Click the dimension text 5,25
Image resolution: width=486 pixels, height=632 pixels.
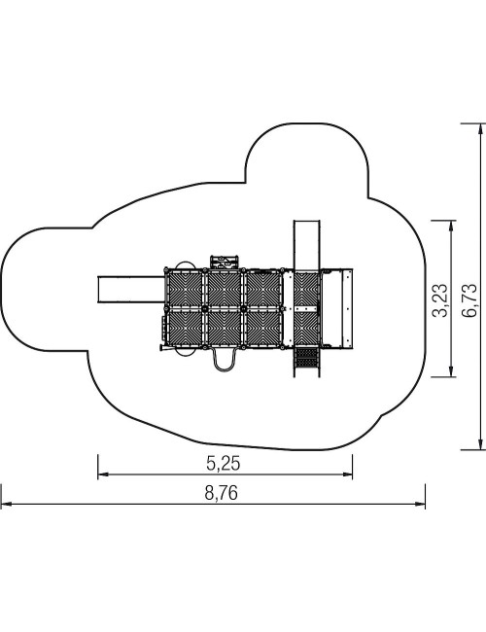click(223, 464)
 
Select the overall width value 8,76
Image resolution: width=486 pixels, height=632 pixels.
click(222, 493)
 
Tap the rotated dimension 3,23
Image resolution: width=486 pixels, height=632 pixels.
click(439, 300)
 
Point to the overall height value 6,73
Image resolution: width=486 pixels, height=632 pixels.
click(469, 300)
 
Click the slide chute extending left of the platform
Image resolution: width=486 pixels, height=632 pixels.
click(131, 289)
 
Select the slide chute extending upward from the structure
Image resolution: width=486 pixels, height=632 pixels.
click(307, 245)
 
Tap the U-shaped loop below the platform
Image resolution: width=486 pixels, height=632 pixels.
click(225, 360)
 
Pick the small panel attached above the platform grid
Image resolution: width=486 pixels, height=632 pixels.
click(225, 262)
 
